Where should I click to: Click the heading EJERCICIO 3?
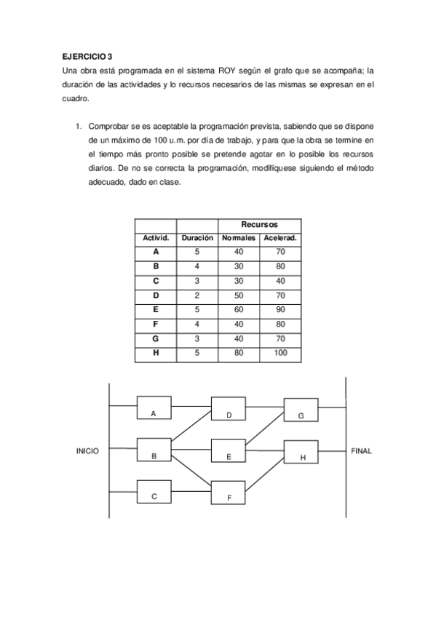pyautogui.click(x=87, y=55)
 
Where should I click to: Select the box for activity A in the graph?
pyautogui.click(x=154, y=408)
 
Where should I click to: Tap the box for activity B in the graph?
pyautogui.click(x=154, y=450)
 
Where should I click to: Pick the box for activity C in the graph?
pyautogui.click(x=154, y=491)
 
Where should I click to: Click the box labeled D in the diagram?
pyautogui.click(x=229, y=409)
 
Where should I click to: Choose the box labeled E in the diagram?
pyautogui.click(x=229, y=451)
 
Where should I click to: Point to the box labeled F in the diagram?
pyautogui.click(x=229, y=493)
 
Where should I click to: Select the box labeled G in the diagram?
pyautogui.click(x=301, y=410)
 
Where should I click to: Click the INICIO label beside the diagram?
pyautogui.click(x=87, y=451)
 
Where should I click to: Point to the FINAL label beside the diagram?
pyautogui.click(x=361, y=451)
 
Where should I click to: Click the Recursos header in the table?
pyautogui.click(x=259, y=225)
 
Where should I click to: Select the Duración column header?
pyautogui.click(x=197, y=238)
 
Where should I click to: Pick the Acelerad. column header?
pyautogui.click(x=280, y=238)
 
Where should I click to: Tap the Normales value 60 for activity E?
pyautogui.click(x=239, y=308)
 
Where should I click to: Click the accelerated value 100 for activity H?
pyautogui.click(x=280, y=353)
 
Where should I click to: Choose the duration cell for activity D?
pyautogui.click(x=197, y=295)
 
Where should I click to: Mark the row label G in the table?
pyautogui.click(x=156, y=338)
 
